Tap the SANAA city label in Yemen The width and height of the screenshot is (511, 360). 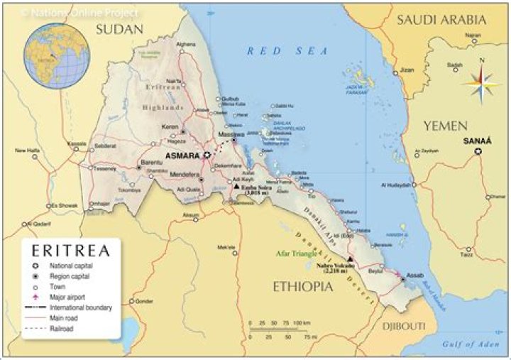(x=477, y=141)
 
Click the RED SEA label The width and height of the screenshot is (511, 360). (x=287, y=51)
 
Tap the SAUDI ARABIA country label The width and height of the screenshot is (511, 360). (x=441, y=20)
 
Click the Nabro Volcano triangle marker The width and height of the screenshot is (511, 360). (x=350, y=259)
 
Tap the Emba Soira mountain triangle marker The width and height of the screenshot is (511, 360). (x=237, y=186)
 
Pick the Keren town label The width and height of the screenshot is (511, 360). (x=170, y=126)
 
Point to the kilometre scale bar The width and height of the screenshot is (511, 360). (x=277, y=329)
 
